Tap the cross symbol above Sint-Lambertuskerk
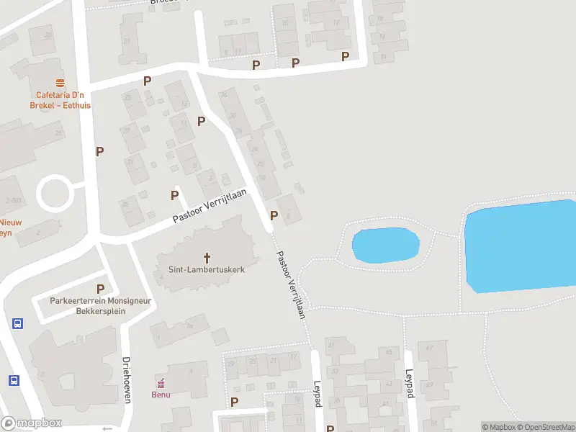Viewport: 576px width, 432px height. click(207, 257)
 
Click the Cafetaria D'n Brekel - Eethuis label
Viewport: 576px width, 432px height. click(60, 99)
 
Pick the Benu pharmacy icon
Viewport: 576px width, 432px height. click(161, 382)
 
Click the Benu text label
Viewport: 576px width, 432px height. click(161, 394)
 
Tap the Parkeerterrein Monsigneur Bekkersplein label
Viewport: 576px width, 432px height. click(100, 306)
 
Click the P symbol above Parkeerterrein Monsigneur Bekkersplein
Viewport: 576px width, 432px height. click(100, 289)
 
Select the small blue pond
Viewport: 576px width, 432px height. click(385, 246)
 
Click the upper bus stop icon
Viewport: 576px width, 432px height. click(17, 323)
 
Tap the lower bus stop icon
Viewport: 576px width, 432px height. click(13, 380)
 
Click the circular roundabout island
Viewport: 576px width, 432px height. click(55, 193)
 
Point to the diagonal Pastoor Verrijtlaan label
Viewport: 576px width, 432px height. click(292, 284)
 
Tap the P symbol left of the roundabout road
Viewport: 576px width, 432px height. click(100, 151)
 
